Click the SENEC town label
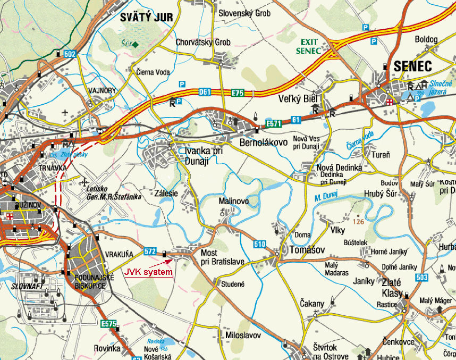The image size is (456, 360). [414, 66]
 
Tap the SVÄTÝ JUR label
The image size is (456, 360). [146, 17]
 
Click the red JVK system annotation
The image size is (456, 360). [148, 272]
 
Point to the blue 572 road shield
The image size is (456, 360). [150, 251]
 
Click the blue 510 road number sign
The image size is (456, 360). [259, 245]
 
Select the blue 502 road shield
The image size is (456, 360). [70, 54]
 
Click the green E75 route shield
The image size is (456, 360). [237, 93]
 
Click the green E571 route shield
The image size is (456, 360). [274, 123]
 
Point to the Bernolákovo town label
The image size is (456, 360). [264, 143]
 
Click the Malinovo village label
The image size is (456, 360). [234, 202]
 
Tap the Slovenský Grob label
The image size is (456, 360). [245, 13]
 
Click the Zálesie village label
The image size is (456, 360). [167, 194]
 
